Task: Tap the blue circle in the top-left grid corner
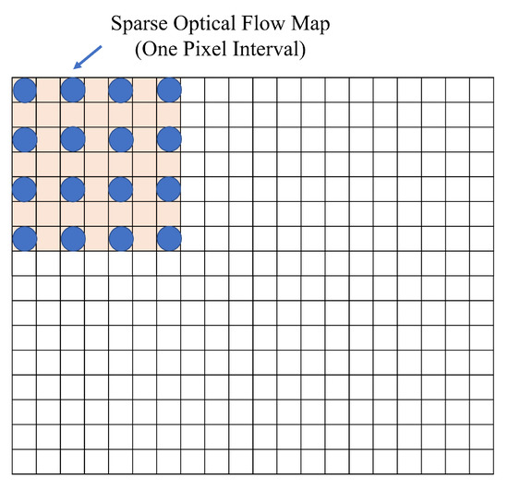tap(24, 89)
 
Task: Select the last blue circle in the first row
tap(168, 89)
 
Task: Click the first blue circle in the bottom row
tap(24, 238)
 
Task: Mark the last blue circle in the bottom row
tap(168, 238)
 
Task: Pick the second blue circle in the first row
tap(72, 89)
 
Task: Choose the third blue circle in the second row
tap(120, 138)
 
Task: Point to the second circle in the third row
tap(72, 189)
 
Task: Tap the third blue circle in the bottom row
tap(120, 238)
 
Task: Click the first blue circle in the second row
tap(24, 138)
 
